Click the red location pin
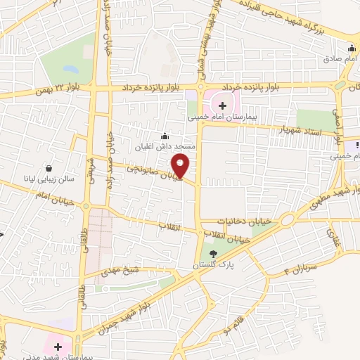[x=181, y=166]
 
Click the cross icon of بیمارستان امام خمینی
[x=223, y=105]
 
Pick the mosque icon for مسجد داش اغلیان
[x=165, y=136]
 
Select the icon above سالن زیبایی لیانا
[x=49, y=168]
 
